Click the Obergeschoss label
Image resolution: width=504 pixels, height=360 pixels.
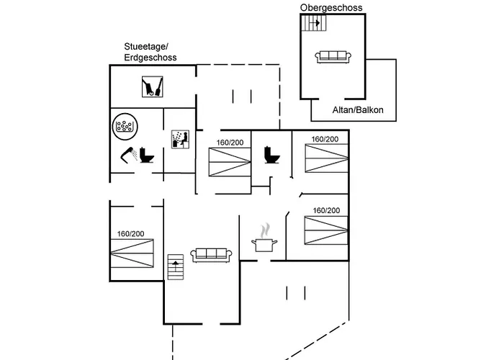pyautogui.click(x=331, y=7)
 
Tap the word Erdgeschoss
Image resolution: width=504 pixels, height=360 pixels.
pyautogui.click(x=150, y=57)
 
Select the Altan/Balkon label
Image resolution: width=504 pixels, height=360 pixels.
pyautogui.click(x=358, y=110)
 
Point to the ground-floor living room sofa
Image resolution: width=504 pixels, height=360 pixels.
pyautogui.click(x=211, y=254)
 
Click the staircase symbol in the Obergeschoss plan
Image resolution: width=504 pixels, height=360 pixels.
pyautogui.click(x=314, y=23)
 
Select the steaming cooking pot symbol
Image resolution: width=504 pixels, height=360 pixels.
pyautogui.click(x=264, y=240)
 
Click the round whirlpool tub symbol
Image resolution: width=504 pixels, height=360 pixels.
pyautogui.click(x=125, y=127)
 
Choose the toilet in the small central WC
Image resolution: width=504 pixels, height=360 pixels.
pyautogui.click(x=272, y=155)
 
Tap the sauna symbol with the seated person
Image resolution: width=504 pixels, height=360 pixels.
pyautogui.click(x=179, y=139)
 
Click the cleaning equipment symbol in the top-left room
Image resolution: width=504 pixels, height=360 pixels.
pyautogui.click(x=151, y=88)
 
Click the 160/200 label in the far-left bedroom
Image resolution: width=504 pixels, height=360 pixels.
pyautogui.click(x=130, y=234)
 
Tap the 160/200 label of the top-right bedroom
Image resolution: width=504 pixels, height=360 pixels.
pyautogui.click(x=325, y=139)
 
